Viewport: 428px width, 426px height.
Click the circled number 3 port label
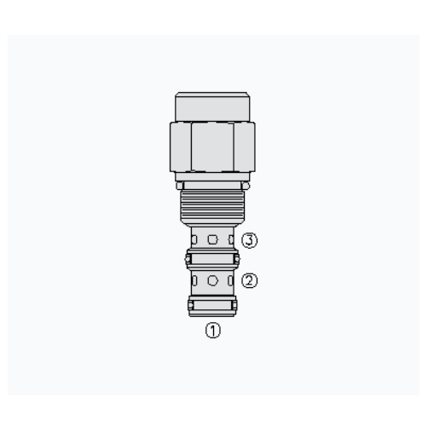pos(249,240)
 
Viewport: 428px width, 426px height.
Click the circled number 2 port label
pos(249,280)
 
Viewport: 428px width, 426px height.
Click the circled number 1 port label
pos(213,331)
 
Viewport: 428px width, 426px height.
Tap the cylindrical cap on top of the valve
pos(212,106)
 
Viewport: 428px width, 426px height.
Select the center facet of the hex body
pos(212,147)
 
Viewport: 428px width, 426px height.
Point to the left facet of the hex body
pos(181,147)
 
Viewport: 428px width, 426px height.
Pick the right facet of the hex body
pos(245,147)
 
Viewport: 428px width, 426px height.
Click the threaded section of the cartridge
pos(212,206)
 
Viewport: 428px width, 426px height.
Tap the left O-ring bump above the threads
pos(180,186)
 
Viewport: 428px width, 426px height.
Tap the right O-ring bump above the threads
pos(246,186)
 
